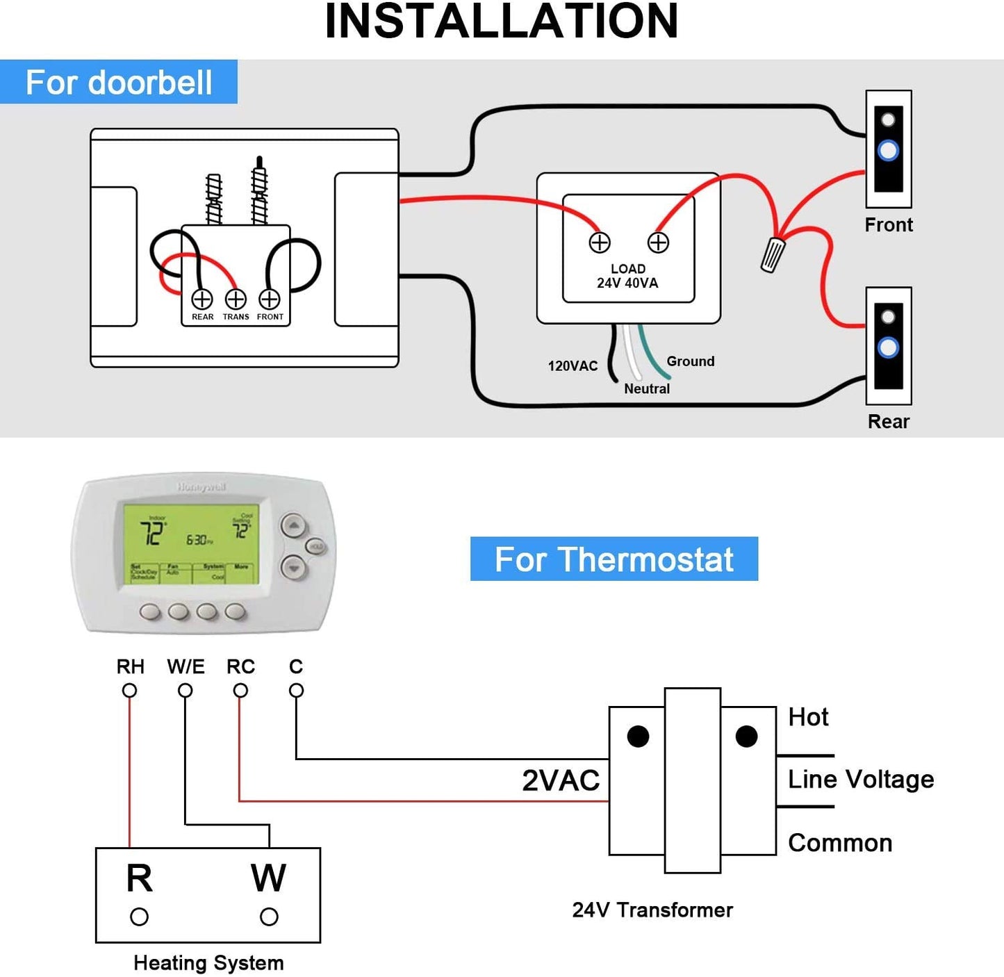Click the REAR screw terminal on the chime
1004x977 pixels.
(202, 299)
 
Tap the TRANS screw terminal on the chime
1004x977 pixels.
(236, 299)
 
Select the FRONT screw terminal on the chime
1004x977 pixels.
(270, 299)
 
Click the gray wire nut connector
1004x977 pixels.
(772, 254)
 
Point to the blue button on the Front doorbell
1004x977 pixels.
(888, 151)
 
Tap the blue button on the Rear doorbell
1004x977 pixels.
(888, 347)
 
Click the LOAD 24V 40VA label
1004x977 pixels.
(627, 276)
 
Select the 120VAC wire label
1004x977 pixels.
(573, 366)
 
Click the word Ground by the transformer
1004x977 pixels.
(690, 361)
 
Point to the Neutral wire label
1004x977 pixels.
(646, 389)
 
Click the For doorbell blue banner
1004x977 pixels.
(119, 82)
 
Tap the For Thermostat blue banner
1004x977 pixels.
(614, 559)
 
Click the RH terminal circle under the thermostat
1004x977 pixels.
(129, 691)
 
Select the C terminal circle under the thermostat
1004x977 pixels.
(296, 691)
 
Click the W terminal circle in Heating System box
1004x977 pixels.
(269, 917)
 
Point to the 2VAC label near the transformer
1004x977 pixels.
(561, 780)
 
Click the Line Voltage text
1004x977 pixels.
(860, 780)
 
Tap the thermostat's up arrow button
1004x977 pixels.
(294, 526)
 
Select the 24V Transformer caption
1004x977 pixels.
(652, 910)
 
